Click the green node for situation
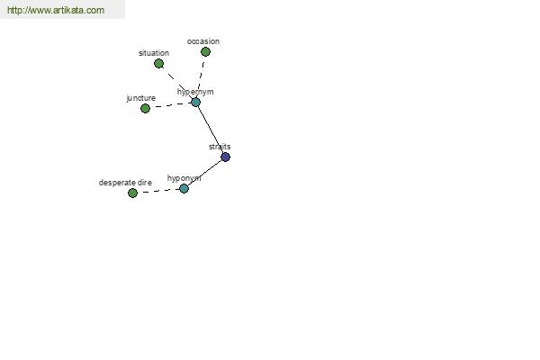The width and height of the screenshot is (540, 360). [x=158, y=63]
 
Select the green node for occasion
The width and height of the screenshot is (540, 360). [x=205, y=51]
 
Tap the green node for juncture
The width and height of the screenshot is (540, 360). [x=145, y=109]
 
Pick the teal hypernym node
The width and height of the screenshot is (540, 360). [x=195, y=102]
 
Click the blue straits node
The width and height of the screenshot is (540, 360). [x=225, y=157]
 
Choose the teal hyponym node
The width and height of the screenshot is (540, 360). [x=184, y=188]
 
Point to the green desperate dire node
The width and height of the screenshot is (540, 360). [x=132, y=193]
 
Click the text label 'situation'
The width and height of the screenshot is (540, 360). [x=154, y=53]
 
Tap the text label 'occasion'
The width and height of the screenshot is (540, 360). [x=203, y=41]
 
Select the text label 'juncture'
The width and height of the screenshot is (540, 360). [x=141, y=98]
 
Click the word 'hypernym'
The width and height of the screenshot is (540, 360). [x=195, y=92]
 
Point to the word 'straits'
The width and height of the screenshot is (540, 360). [x=220, y=147]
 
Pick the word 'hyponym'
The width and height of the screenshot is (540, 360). [x=184, y=178]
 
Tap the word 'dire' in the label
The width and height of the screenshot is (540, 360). [x=145, y=183]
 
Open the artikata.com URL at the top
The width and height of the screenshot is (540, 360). [x=56, y=10]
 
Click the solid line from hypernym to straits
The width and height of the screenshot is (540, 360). [x=211, y=130]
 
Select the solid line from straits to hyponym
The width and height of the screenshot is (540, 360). [x=204, y=173]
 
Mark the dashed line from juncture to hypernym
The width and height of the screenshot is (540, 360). [x=170, y=104]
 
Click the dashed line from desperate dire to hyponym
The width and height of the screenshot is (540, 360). [x=158, y=191]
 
